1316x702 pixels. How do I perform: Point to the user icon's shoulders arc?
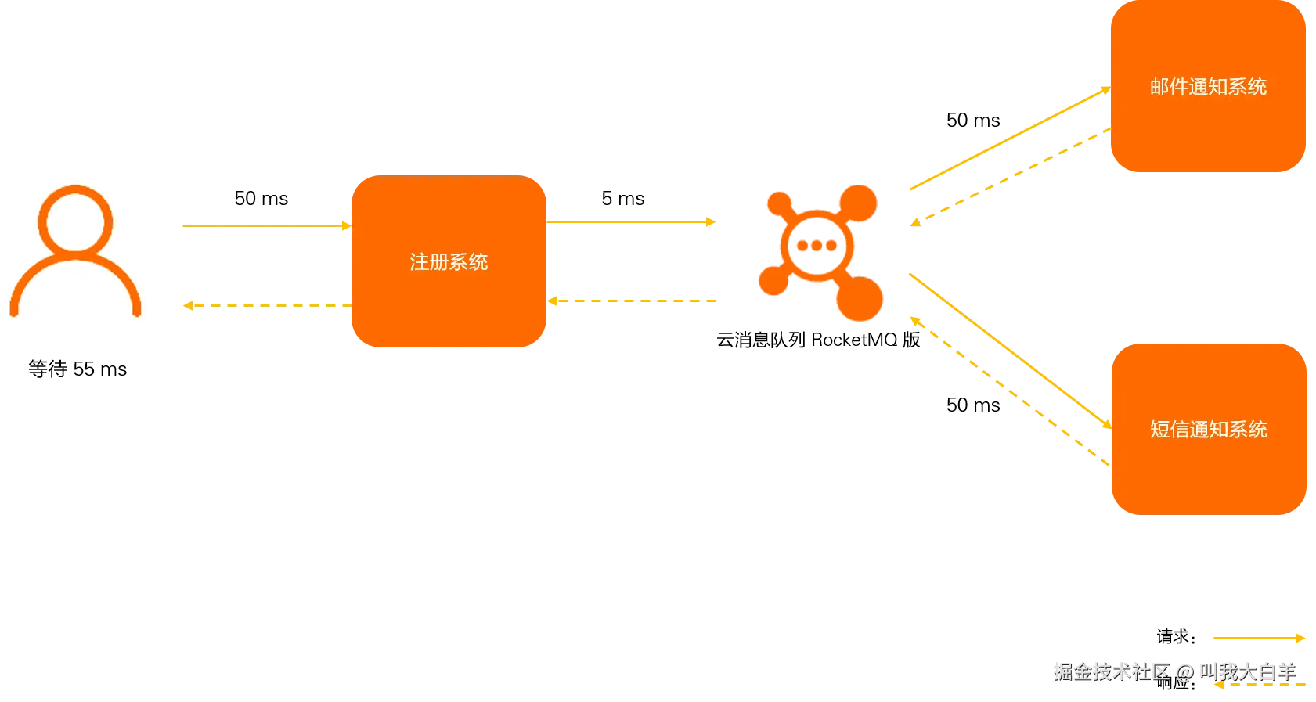pos(75,286)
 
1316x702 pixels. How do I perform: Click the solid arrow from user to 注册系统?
pos(266,225)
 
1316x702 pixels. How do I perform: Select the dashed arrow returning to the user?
pos(266,304)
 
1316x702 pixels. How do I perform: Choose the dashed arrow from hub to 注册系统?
pos(633,301)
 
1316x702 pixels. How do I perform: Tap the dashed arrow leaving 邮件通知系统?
pos(1010,176)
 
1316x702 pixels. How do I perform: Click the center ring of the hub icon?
pos(817,247)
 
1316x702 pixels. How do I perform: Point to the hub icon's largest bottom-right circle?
pos(859,297)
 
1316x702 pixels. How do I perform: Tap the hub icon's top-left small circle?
pos(779,203)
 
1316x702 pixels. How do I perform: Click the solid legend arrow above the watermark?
pos(1257,639)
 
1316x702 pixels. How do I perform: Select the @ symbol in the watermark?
pos(1184,671)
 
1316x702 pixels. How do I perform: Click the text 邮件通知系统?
pos(1208,87)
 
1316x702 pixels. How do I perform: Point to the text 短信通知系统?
pos(1208,429)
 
